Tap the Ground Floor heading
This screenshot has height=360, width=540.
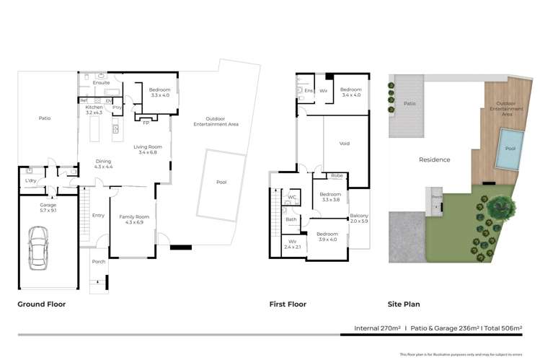pos(41,304)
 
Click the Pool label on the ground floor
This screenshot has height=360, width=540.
pos(221,183)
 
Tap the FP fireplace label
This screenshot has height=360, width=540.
pos(146,123)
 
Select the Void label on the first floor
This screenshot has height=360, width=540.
pos(345,144)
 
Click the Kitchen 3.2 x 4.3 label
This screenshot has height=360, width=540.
pos(94,110)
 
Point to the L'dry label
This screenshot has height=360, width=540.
pos(31,180)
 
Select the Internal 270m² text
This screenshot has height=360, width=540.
pos(377,328)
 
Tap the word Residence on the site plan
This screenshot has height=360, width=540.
pos(435,159)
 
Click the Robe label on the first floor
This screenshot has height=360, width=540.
pos(337,175)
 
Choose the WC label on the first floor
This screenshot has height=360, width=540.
pos(293,197)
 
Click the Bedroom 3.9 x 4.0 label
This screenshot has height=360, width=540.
pos(327,237)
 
